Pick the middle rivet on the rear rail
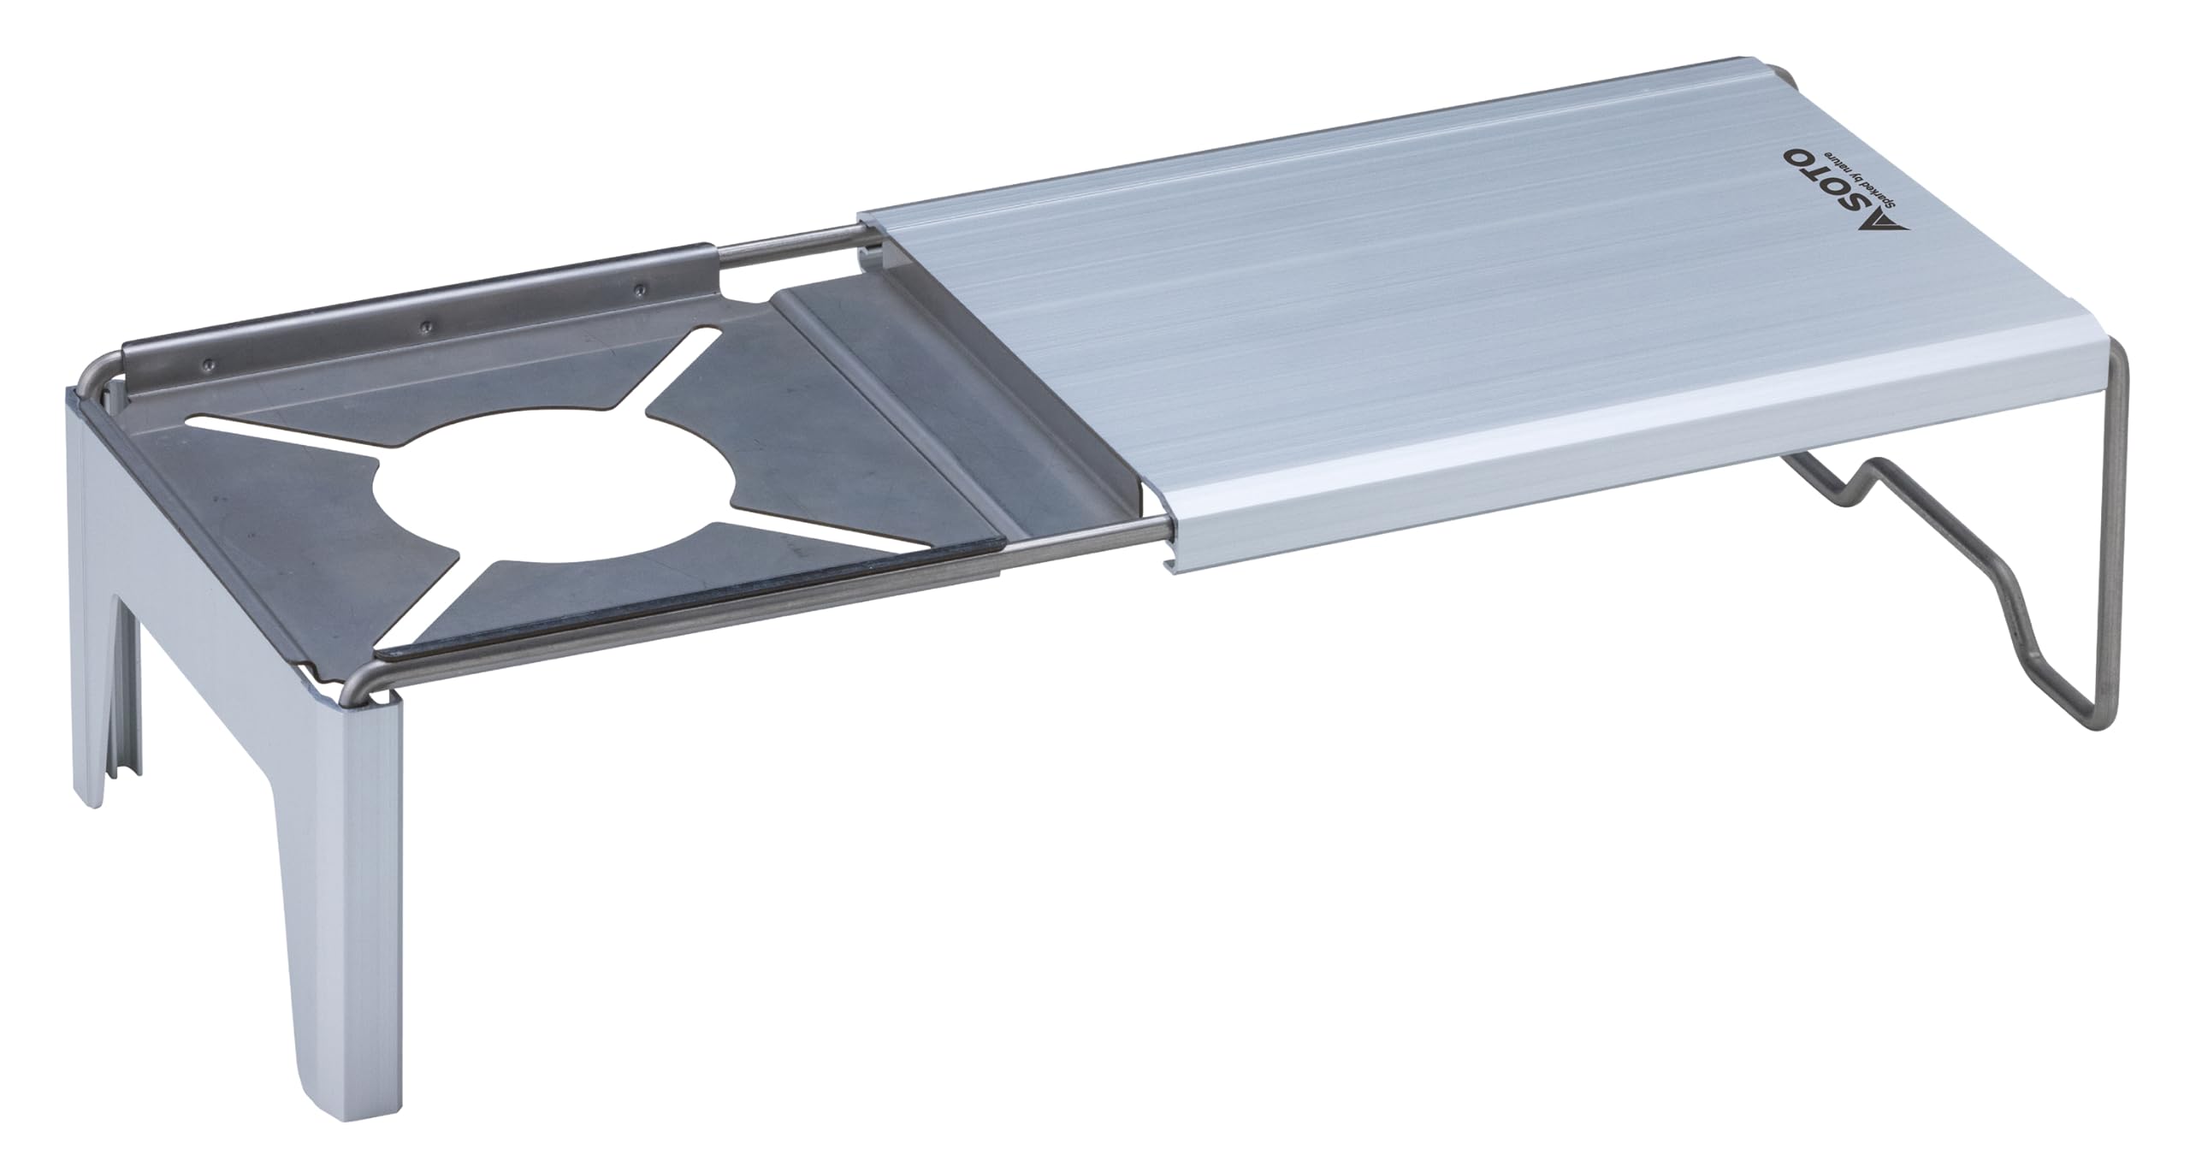click(x=424, y=326)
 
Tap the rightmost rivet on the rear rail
click(x=636, y=288)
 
